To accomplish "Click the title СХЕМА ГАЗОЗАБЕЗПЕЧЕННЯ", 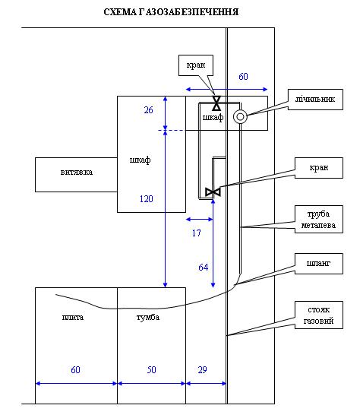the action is pyautogui.click(x=171, y=12).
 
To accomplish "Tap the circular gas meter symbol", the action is pyautogui.click(x=240, y=116).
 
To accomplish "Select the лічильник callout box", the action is pyautogui.click(x=315, y=100).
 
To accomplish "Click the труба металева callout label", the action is pyautogui.click(x=319, y=220).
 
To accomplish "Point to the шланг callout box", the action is pyautogui.click(x=319, y=264).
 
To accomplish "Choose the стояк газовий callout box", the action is pyautogui.click(x=319, y=315).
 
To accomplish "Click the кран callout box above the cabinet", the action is pyautogui.click(x=196, y=65).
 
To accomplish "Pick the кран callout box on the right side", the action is pyautogui.click(x=319, y=168).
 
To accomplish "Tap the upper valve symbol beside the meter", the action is pyautogui.click(x=216, y=103).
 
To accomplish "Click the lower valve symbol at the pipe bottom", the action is pyautogui.click(x=213, y=192).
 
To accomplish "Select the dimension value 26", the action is pyautogui.click(x=148, y=110).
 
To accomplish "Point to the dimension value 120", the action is pyautogui.click(x=147, y=199).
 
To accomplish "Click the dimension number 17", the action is pyautogui.click(x=197, y=233).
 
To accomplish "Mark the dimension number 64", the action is pyautogui.click(x=204, y=268).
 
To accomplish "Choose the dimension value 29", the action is pyautogui.click(x=203, y=370).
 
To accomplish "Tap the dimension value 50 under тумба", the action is pyautogui.click(x=152, y=370).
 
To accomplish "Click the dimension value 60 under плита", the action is pyautogui.click(x=75, y=370).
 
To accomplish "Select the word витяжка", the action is pyautogui.click(x=77, y=173).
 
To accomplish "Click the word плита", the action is pyautogui.click(x=73, y=317).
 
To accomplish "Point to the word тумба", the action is pyautogui.click(x=148, y=317).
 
